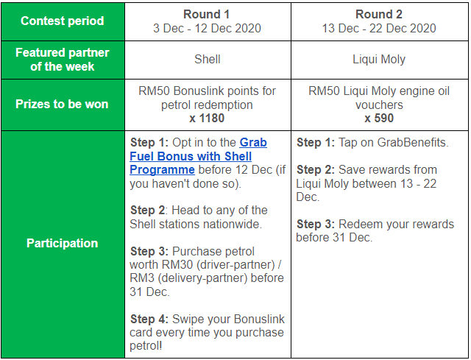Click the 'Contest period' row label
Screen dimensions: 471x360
(62, 21)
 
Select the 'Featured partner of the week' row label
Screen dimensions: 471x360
(62, 60)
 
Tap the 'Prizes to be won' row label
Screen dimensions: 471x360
(62, 104)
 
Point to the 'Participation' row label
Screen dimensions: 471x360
(62, 243)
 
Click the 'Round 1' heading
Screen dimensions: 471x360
(207, 14)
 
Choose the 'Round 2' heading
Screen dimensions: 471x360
(379, 14)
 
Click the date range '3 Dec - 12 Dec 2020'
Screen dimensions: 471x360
(207, 28)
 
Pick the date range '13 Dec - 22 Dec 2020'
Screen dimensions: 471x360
(379, 28)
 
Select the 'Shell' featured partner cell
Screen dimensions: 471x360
(208, 59)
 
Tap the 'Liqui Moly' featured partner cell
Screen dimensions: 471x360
(379, 60)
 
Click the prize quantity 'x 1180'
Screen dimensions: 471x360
(207, 118)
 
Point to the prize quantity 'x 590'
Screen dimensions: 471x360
(379, 118)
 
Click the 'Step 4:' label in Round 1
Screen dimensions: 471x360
(149, 319)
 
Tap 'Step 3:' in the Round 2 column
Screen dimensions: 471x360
(316, 225)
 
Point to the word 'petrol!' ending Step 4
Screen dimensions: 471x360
(146, 346)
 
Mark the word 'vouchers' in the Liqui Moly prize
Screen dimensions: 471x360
(379, 105)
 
